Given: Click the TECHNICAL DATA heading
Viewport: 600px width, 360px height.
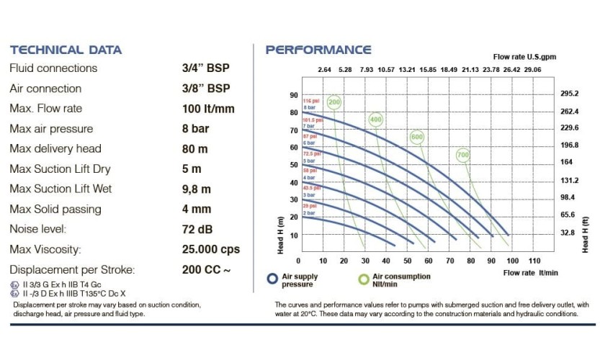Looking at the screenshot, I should click(66, 50).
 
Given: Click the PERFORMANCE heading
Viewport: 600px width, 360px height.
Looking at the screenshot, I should click(318, 50).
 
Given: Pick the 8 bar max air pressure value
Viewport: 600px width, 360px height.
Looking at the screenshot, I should click(196, 129).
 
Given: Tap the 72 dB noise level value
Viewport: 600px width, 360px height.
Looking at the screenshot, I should click(198, 230).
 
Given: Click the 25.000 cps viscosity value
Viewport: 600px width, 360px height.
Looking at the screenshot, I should click(211, 250).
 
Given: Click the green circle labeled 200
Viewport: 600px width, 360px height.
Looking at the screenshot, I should click(334, 102).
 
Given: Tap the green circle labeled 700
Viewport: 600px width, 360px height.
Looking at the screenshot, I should click(462, 154).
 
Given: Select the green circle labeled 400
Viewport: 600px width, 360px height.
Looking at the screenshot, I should click(375, 119).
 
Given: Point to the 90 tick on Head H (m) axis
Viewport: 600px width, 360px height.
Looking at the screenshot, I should click(293, 95).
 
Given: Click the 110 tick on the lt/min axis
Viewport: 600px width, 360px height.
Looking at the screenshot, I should click(534, 260).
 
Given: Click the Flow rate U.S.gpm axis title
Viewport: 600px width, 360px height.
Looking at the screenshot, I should click(524, 56).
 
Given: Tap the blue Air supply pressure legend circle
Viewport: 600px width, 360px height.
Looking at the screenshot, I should click(272, 279).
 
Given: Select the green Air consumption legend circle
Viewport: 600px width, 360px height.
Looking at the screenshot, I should click(364, 279).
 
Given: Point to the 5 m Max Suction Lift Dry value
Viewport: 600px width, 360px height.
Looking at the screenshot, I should click(192, 169).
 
